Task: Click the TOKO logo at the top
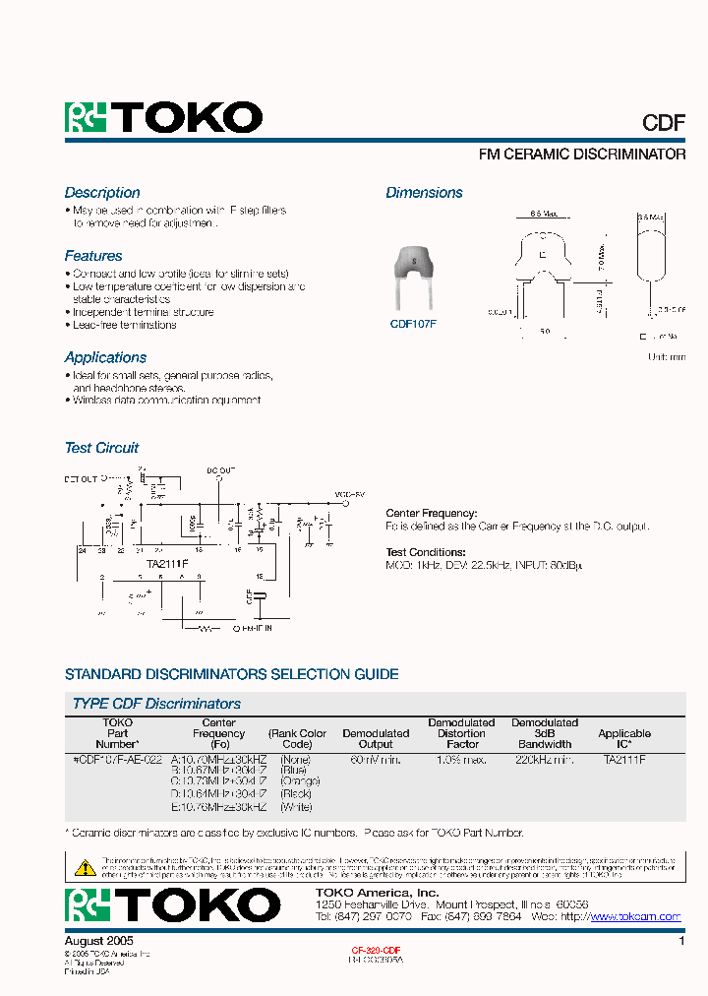[163, 118]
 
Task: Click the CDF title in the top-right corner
[664, 122]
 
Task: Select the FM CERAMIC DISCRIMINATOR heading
[581, 155]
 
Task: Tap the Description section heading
[102, 193]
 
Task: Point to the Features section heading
[93, 256]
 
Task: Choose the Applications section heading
[105, 357]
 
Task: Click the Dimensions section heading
[424, 193]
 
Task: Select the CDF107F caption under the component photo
[413, 322]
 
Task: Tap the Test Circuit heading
[101, 448]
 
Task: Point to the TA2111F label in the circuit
[168, 563]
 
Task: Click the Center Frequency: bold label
[431, 513]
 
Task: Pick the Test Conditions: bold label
[426, 552]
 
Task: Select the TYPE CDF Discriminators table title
[156, 704]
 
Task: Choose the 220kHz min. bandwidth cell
[544, 760]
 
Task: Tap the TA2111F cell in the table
[624, 760]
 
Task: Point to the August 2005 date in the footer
[97, 941]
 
